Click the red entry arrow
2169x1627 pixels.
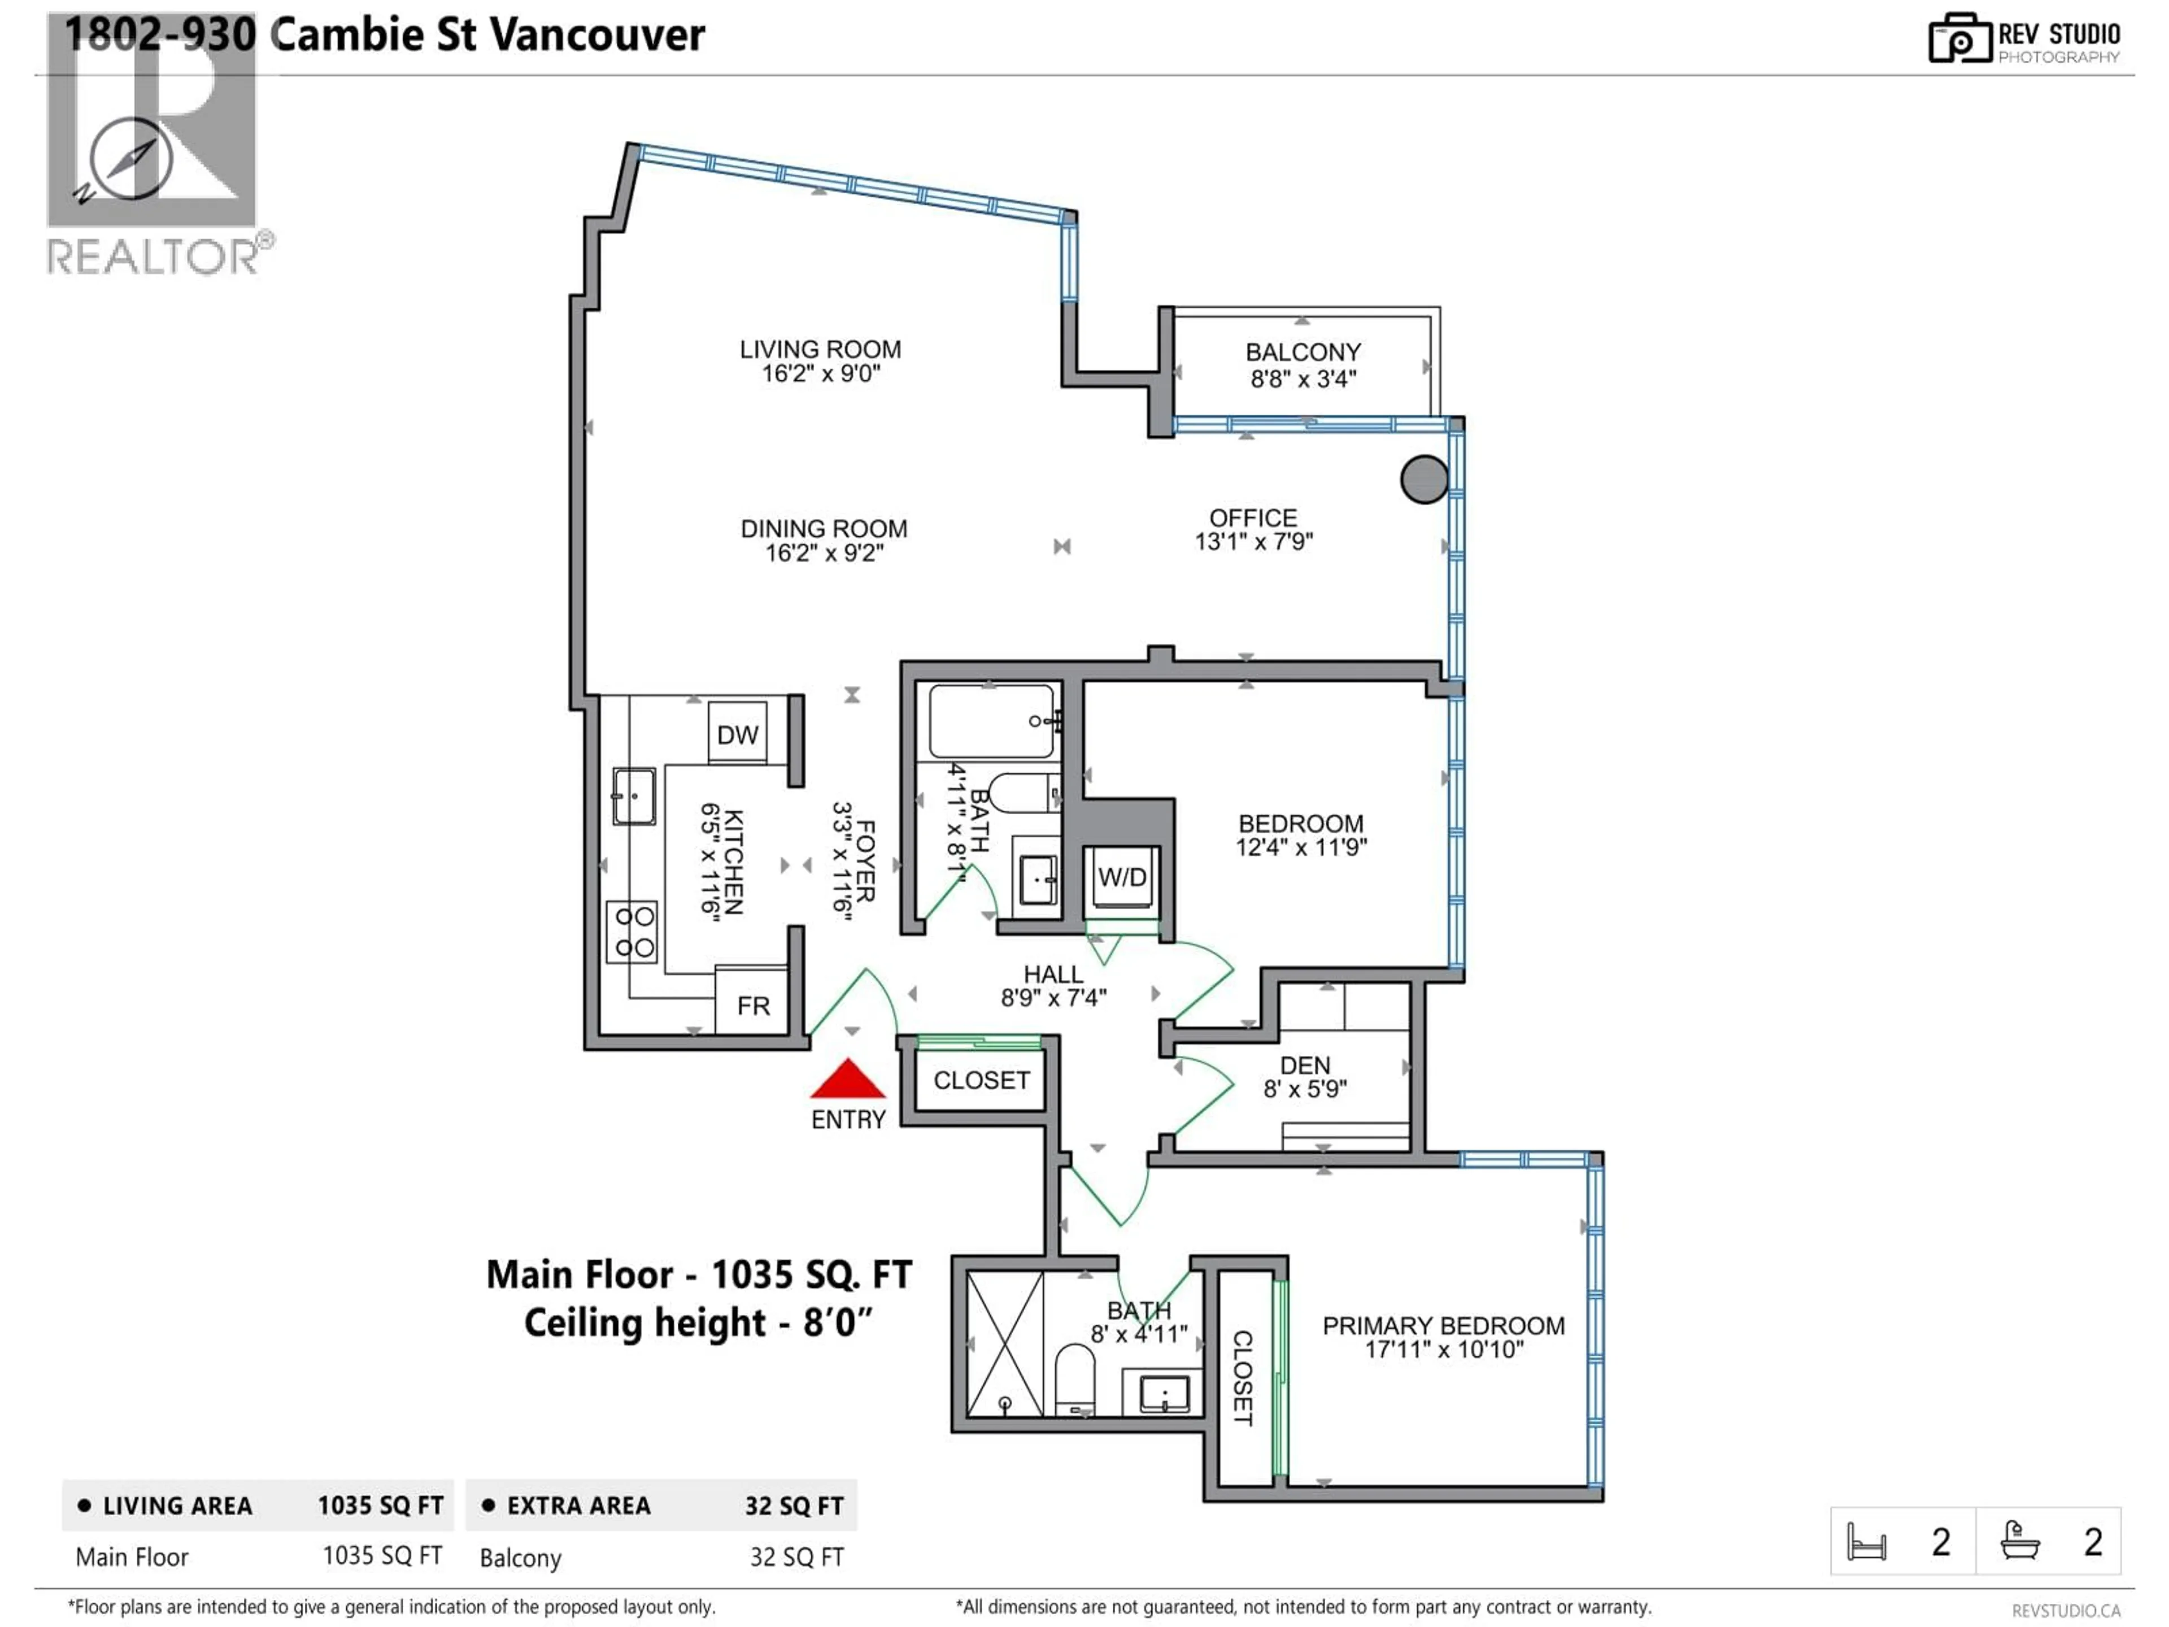pyautogui.click(x=848, y=1080)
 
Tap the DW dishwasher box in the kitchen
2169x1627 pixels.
pyautogui.click(x=737, y=734)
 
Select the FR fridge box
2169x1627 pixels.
pyautogui.click(x=752, y=1005)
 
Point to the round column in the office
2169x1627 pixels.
pyautogui.click(x=1424, y=480)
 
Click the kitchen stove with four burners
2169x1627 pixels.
pyautogui.click(x=633, y=932)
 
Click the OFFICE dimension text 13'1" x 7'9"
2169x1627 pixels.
pyautogui.click(x=1253, y=542)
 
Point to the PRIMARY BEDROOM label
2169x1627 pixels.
pyautogui.click(x=1443, y=1326)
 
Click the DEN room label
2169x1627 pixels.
pyautogui.click(x=1304, y=1065)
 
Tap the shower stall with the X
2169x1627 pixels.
pyautogui.click(x=1005, y=1343)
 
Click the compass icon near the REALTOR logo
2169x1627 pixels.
pyautogui.click(x=130, y=159)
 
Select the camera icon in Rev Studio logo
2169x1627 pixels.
pyautogui.click(x=1959, y=39)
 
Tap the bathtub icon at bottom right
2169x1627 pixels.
pyautogui.click(x=2020, y=1541)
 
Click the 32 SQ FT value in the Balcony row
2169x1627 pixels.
pyautogui.click(x=796, y=1558)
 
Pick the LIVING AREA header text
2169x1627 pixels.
pyautogui.click(x=177, y=1506)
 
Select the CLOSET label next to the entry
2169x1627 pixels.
pyautogui.click(x=981, y=1081)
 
